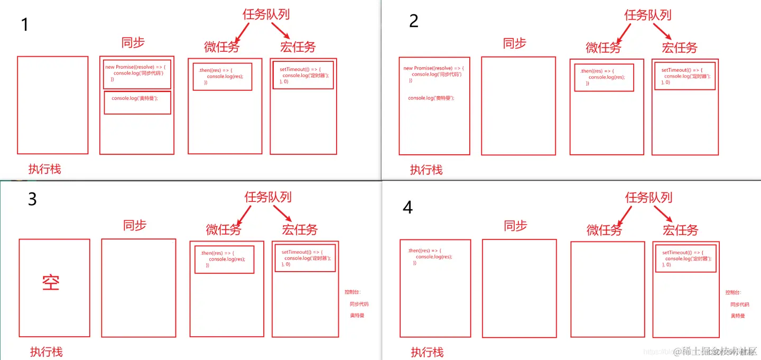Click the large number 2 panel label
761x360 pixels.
coord(414,21)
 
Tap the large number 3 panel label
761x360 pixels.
coord(32,199)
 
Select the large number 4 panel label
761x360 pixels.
coord(407,207)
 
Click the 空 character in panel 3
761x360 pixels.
coord(51,282)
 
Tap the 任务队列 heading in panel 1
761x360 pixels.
coord(266,14)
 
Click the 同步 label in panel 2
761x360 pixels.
coord(515,43)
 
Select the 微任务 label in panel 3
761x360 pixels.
coord(224,229)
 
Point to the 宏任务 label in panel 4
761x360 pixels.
coord(681,230)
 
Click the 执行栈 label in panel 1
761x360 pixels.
coord(44,169)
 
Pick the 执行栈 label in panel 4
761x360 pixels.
coord(427,352)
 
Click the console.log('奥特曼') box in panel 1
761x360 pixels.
coord(137,102)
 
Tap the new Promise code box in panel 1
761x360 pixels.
coord(137,73)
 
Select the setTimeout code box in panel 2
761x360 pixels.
coord(685,76)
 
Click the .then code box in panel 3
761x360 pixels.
coord(224,259)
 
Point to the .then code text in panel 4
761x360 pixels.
coord(430,256)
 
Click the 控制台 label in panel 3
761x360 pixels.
coord(352,292)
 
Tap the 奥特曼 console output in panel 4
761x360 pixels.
coord(738,316)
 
